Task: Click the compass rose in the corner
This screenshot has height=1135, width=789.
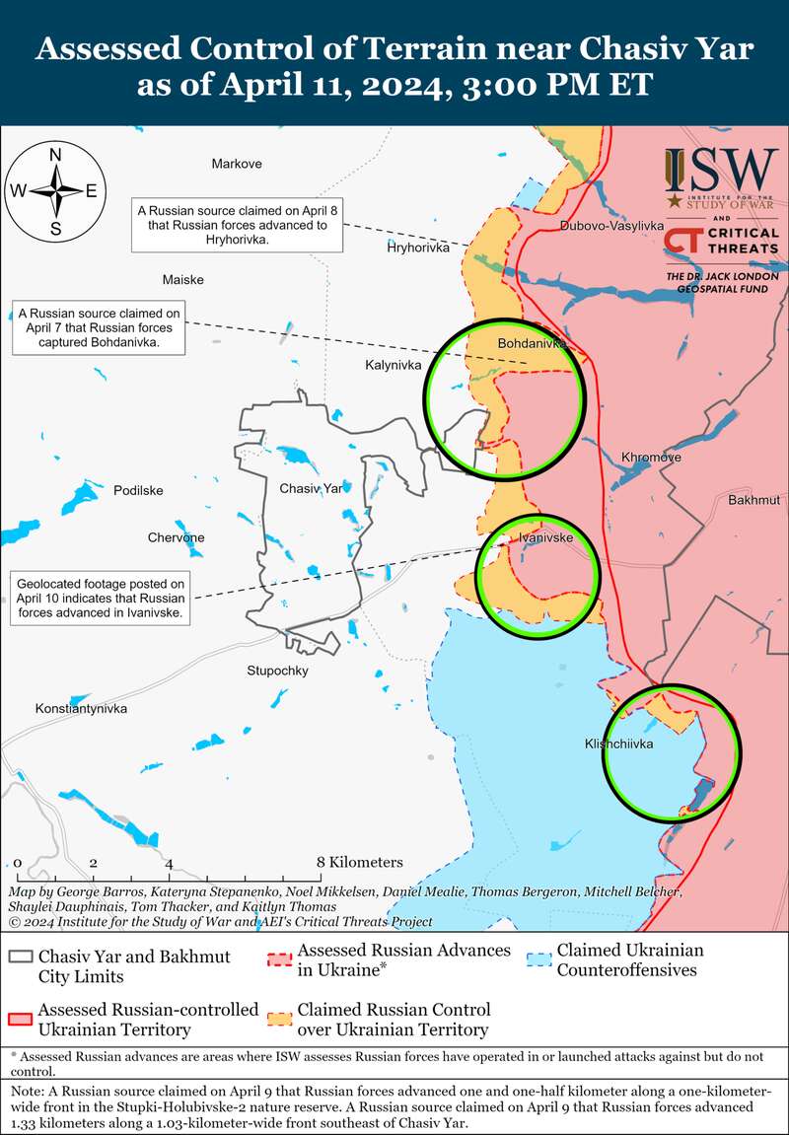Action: click(56, 191)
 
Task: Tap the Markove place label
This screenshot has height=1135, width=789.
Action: click(237, 164)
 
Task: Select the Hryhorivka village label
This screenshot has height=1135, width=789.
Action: click(417, 248)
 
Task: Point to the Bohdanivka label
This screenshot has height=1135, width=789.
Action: click(533, 343)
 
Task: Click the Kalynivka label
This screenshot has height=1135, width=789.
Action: click(394, 365)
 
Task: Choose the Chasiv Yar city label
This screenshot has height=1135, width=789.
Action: click(311, 489)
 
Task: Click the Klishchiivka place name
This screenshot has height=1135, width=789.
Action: click(618, 745)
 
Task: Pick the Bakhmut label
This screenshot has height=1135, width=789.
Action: click(753, 501)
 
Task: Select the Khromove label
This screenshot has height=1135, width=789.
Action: click(651, 458)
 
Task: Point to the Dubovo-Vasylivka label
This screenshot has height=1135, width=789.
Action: click(611, 226)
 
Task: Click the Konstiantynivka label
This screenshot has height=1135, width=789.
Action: click(82, 709)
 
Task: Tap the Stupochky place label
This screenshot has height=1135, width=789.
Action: click(278, 671)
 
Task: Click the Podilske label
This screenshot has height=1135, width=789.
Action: click(138, 491)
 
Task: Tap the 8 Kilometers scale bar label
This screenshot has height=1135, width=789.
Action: click(360, 862)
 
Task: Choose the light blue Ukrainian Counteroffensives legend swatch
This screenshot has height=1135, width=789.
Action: click(538, 959)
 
